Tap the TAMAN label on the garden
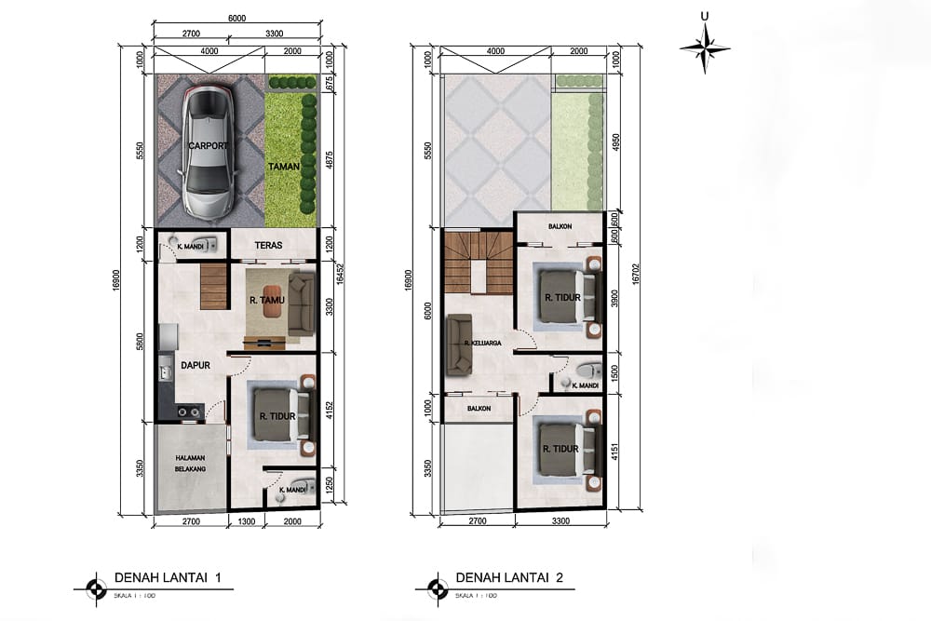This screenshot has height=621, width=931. point(283,165)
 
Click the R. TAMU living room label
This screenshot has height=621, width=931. point(266,301)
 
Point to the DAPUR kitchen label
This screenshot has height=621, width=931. point(194,366)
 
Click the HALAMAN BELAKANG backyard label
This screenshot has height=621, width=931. point(190,465)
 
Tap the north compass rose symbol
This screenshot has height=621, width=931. point(705,47)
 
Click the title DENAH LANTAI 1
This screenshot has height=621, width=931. point(168,578)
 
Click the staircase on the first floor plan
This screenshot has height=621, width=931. point(214,286)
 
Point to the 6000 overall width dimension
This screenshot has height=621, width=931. point(237,18)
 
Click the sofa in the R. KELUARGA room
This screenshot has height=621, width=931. point(458,345)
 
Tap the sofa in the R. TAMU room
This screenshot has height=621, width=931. point(301,304)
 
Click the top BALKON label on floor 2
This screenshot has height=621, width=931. point(560,226)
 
